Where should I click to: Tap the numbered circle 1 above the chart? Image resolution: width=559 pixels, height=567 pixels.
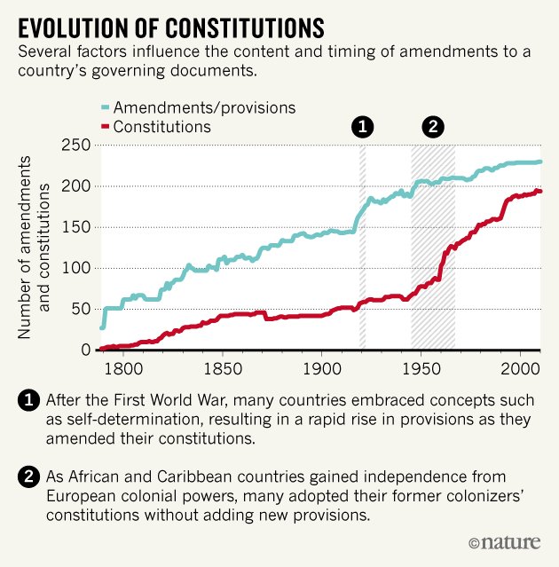point(362,127)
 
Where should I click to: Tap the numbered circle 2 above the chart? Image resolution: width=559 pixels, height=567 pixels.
point(433,127)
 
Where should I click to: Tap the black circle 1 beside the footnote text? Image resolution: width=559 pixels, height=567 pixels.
point(28,401)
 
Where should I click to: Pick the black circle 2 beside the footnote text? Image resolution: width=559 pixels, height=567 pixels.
point(28,478)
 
